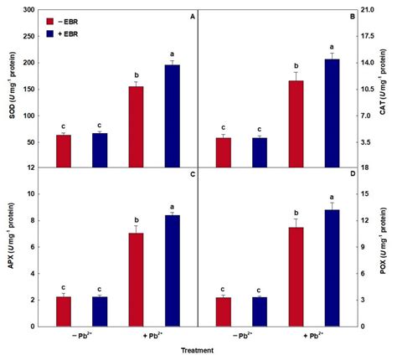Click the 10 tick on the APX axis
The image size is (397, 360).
coord(30,193)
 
